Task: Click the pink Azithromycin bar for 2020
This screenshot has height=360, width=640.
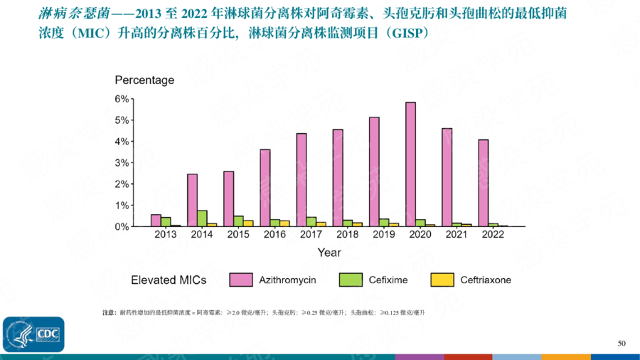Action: (410, 164)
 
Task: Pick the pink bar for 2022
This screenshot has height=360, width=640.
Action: (483, 183)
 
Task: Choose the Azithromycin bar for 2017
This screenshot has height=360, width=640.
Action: (302, 180)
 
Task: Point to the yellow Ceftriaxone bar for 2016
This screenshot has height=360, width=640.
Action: (284, 223)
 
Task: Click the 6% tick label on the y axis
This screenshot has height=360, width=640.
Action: (122, 99)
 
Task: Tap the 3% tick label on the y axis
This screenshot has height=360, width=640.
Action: (122, 163)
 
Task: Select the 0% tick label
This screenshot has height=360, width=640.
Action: (122, 226)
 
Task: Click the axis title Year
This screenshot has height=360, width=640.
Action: (329, 253)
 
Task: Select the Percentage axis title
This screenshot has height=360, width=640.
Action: (144, 80)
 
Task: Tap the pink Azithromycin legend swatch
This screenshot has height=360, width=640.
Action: (241, 280)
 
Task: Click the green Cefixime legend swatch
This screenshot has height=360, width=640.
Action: (351, 280)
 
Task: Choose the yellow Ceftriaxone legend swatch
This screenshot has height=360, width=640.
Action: (442, 280)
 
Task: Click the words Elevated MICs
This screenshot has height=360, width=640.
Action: (169, 280)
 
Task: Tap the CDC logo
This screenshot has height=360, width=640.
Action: (33, 334)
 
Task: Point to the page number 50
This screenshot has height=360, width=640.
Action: (621, 344)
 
